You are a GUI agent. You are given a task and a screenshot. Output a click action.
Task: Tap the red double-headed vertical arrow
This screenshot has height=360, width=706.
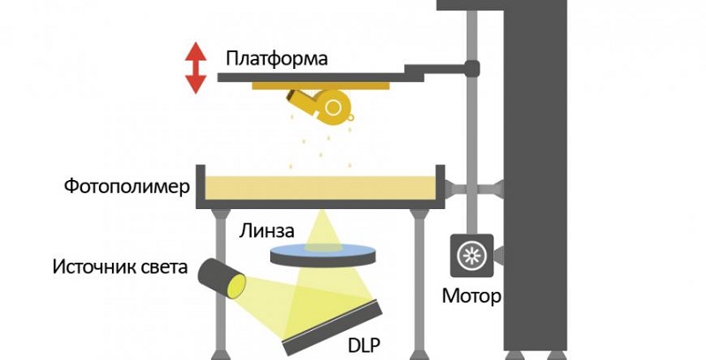[x=194, y=70]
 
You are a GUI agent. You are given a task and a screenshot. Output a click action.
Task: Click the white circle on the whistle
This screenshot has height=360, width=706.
[x=334, y=108]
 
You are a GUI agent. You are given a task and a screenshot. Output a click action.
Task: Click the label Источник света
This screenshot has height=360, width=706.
[x=120, y=266]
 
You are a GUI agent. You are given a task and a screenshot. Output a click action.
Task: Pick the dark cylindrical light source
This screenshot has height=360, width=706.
[x=221, y=277]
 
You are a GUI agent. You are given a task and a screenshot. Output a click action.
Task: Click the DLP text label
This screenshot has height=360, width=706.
[x=366, y=341]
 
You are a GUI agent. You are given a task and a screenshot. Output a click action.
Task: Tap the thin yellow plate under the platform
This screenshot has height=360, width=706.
[x=321, y=86]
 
